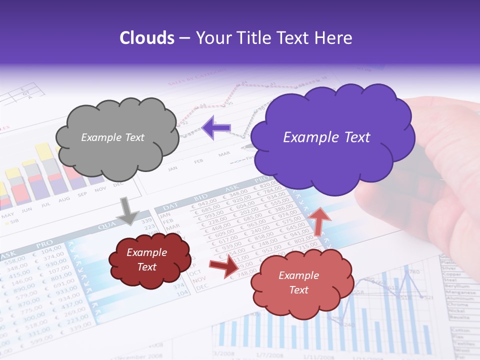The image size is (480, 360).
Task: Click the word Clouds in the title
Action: pos(147,38)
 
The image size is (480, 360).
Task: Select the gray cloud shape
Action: pos(117,137)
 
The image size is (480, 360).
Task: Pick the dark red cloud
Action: pos(149,260)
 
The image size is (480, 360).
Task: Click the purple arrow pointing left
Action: pos(216,127)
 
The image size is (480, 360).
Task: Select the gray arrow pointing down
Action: pos(127,210)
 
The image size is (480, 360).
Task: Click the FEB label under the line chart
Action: pos(198,161)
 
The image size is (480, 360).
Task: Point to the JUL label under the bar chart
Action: pos(46,205)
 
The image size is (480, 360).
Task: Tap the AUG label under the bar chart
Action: pos(64,199)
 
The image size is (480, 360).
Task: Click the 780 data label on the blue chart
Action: pos(413,272)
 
